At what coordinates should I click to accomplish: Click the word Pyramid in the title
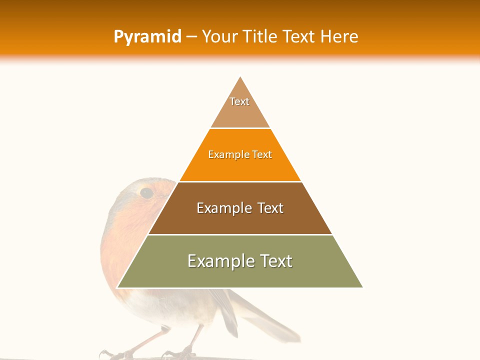147,37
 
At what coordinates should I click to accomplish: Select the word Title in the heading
260,36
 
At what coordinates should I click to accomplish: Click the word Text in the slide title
299,36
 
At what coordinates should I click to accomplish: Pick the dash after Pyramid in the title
191,37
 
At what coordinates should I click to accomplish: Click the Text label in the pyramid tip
239,101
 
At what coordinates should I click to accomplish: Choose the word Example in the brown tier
222,208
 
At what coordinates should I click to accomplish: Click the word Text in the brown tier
270,208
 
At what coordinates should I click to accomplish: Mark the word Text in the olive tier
275,261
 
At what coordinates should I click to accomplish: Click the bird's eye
146,193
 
